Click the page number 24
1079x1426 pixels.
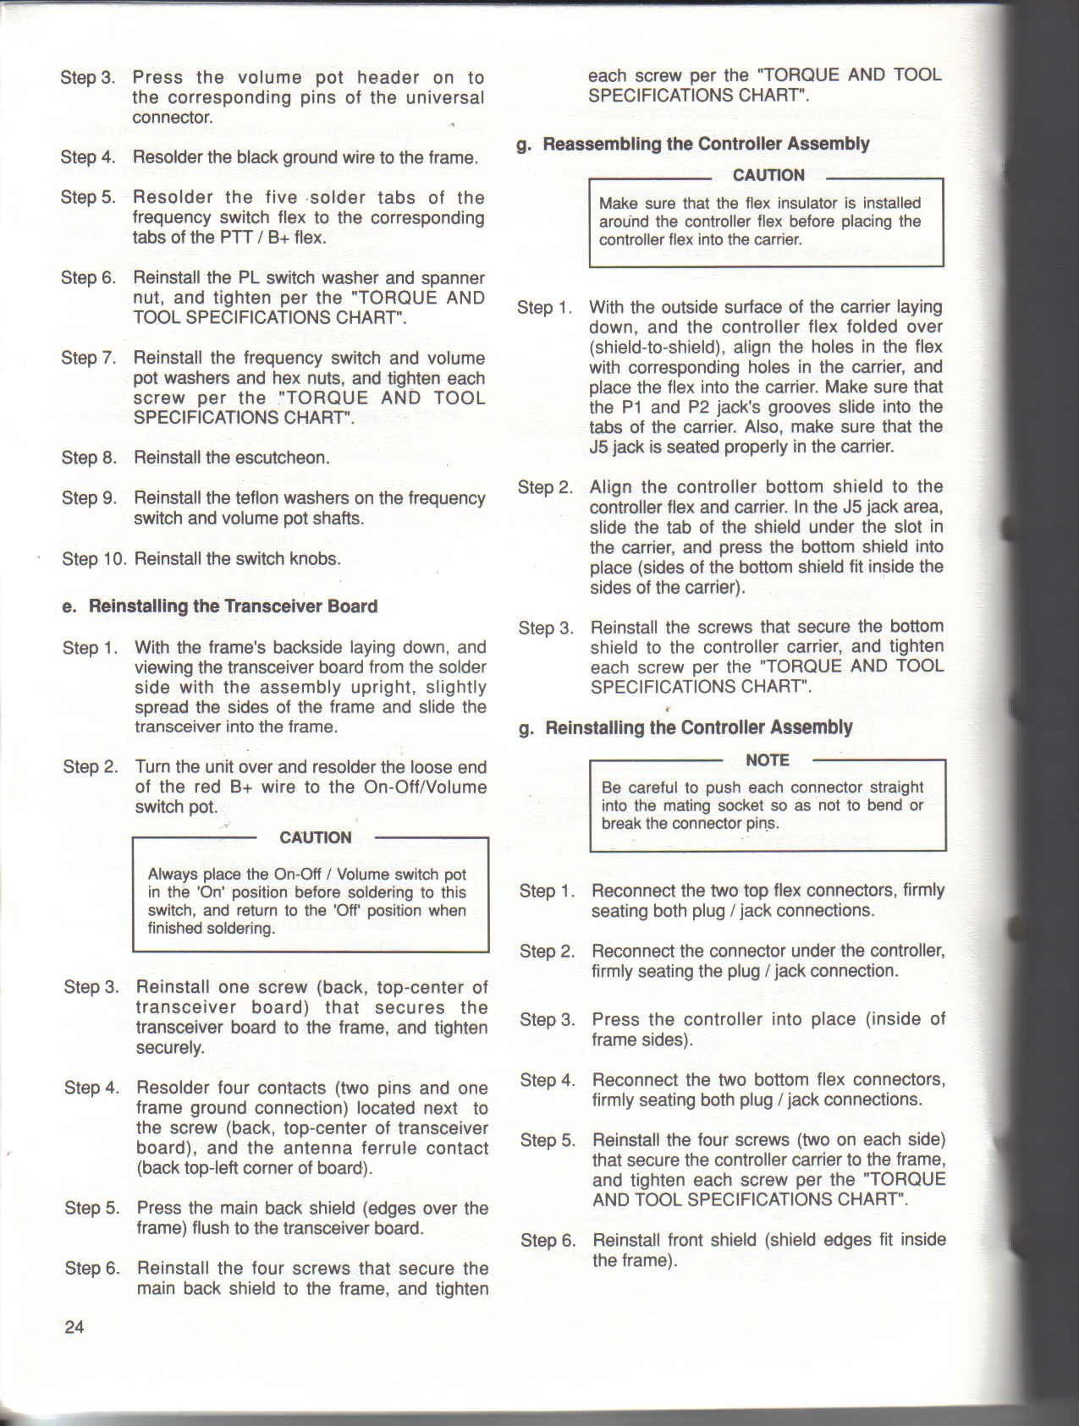(74, 1327)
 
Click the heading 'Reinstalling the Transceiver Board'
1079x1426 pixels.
(233, 606)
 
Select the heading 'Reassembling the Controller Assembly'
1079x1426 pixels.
(706, 144)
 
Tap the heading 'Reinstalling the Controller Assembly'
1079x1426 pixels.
(698, 727)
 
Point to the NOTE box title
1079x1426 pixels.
(768, 760)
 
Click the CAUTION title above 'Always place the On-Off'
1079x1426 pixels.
(315, 837)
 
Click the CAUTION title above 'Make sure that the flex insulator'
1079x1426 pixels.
(768, 175)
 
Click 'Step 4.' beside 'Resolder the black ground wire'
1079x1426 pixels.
(88, 157)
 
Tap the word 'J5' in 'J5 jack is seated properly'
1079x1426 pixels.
(600, 447)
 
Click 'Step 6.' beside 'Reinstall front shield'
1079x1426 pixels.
(548, 1241)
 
